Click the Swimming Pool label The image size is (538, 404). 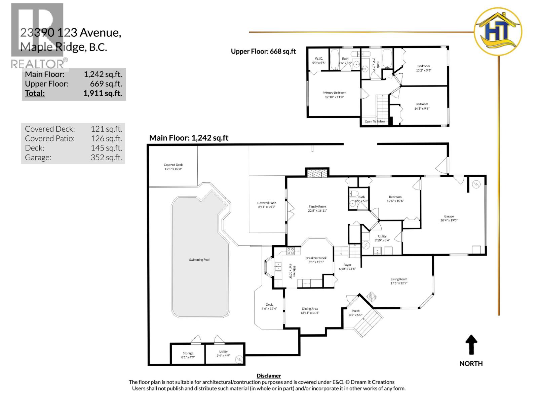[x=199, y=260]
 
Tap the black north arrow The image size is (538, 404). [x=471, y=345]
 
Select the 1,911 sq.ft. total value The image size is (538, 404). [x=103, y=93]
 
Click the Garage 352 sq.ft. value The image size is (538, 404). [x=106, y=157]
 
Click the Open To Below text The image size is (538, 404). [x=375, y=122]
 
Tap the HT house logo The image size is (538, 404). [x=498, y=31]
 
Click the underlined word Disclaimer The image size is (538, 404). [x=269, y=376]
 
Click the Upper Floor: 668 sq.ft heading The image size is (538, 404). [x=263, y=51]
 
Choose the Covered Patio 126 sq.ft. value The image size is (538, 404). [x=106, y=138]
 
